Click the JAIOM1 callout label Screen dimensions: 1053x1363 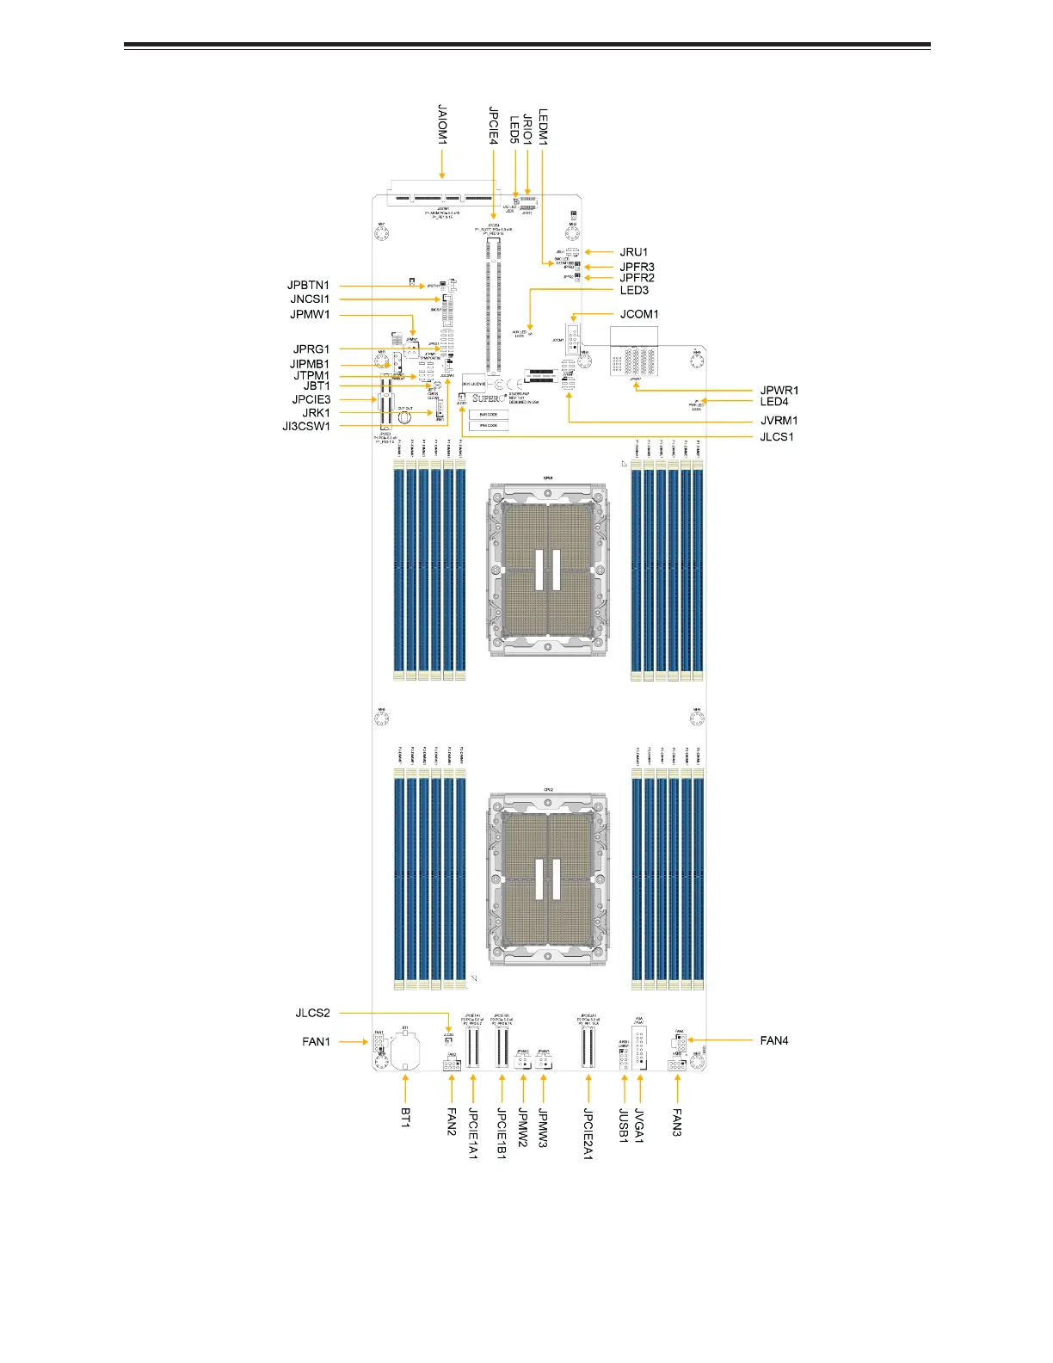point(442,124)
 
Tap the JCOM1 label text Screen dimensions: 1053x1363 point(639,314)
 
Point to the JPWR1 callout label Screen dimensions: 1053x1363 point(779,391)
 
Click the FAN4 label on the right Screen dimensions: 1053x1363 point(774,1040)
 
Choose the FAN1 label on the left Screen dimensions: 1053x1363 point(316,1041)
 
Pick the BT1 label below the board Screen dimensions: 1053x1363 point(405,1118)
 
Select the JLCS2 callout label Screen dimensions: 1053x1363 point(312,1013)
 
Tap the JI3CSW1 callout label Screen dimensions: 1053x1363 point(306,426)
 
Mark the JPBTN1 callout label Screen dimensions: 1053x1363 point(308,285)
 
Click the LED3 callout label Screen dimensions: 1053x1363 point(634,290)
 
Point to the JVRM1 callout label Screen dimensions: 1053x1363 point(779,421)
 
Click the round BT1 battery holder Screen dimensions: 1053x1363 point(405,1048)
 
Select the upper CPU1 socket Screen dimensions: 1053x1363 point(548,570)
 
